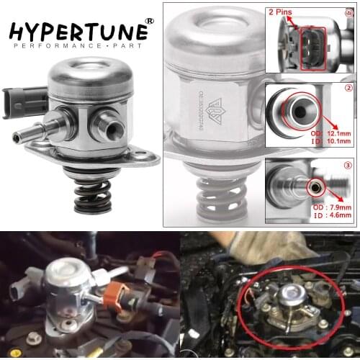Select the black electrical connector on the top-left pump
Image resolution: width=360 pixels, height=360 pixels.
(16, 101)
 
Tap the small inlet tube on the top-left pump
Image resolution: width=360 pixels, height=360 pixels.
(29, 136)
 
